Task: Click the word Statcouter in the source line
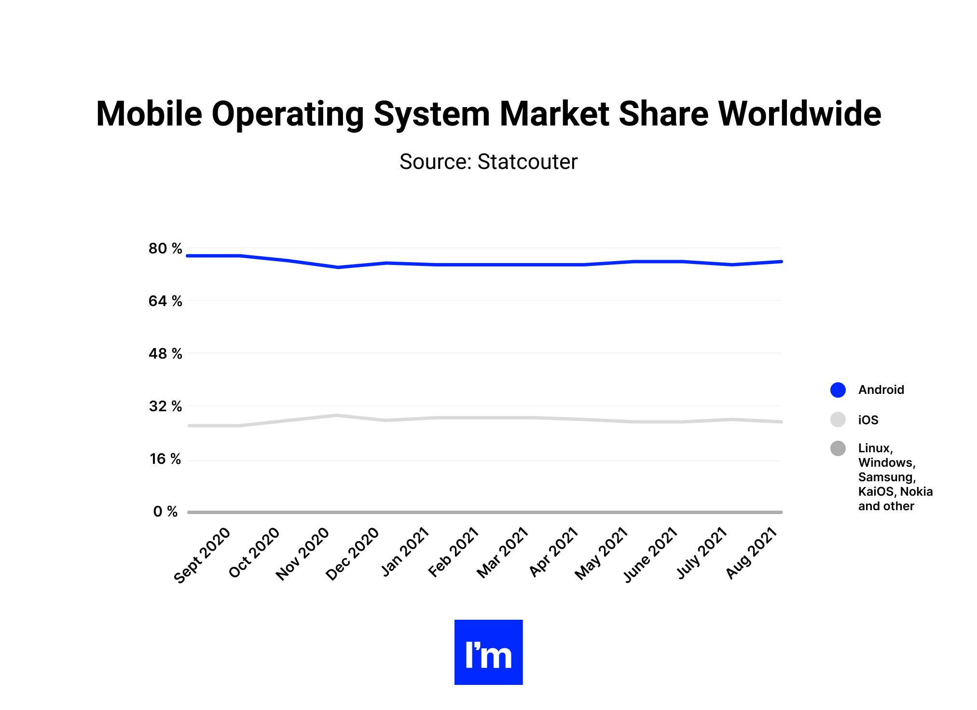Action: click(x=527, y=162)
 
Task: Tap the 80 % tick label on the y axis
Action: click(x=165, y=249)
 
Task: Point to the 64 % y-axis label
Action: click(x=165, y=301)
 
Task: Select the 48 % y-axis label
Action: click(x=165, y=354)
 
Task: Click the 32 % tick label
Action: click(x=165, y=406)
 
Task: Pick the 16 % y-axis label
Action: click(x=165, y=459)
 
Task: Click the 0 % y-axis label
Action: click(x=165, y=512)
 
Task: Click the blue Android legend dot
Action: click(x=838, y=390)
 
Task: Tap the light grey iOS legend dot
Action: click(x=838, y=419)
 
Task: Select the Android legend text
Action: click(x=881, y=390)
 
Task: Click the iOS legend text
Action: click(x=868, y=420)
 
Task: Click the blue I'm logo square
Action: click(x=488, y=652)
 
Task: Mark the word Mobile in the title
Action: click(x=149, y=114)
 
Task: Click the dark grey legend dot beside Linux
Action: click(x=838, y=448)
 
